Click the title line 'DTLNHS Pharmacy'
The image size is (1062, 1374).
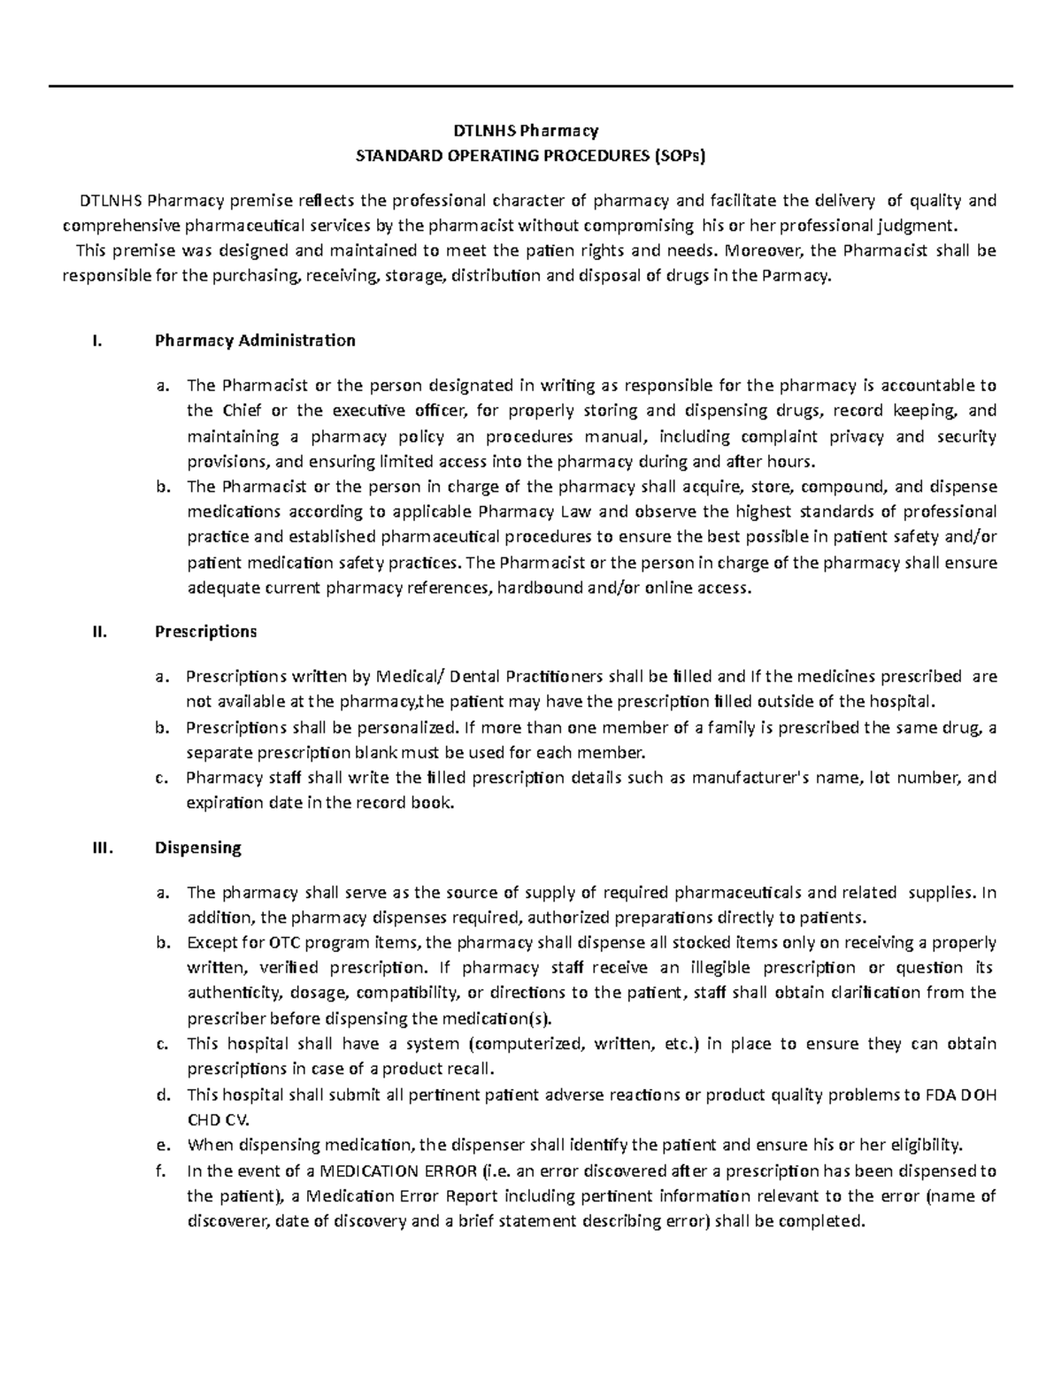[x=530, y=131]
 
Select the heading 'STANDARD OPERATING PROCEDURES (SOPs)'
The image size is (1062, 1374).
[x=530, y=157]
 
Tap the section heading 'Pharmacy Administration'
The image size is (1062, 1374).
[x=255, y=341]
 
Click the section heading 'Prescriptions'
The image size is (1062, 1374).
[x=205, y=632]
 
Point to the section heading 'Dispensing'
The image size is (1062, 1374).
[x=197, y=848]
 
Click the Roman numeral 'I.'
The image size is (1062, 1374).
[x=97, y=341]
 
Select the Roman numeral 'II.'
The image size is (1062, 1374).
[x=98, y=632]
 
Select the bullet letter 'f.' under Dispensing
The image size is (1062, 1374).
[x=160, y=1171]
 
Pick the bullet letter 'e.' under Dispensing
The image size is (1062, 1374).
[x=161, y=1146]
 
